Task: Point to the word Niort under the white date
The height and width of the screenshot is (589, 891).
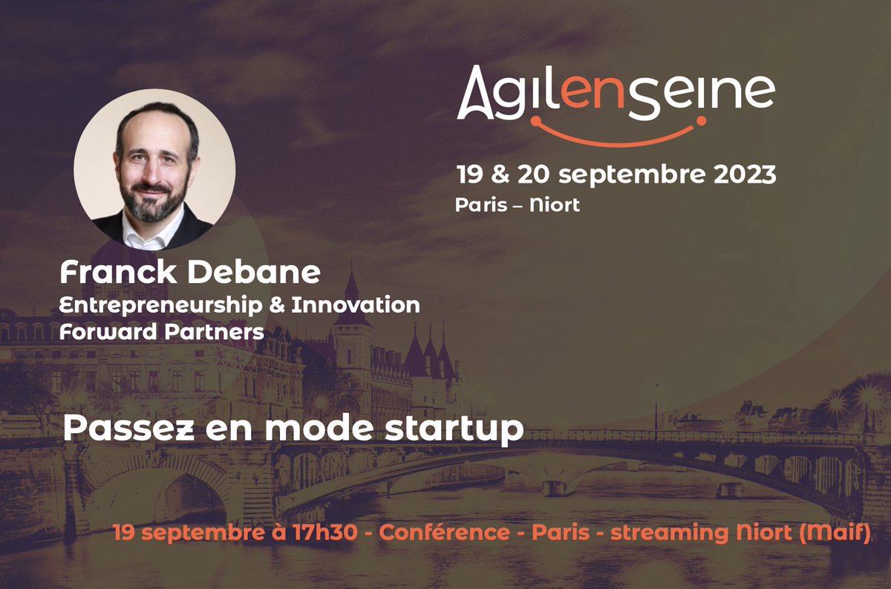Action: click(x=555, y=205)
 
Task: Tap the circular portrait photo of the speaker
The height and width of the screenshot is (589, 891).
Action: click(x=155, y=169)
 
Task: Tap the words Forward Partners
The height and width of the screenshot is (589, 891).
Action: click(x=162, y=331)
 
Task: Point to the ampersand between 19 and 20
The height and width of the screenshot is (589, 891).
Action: click(x=503, y=176)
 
